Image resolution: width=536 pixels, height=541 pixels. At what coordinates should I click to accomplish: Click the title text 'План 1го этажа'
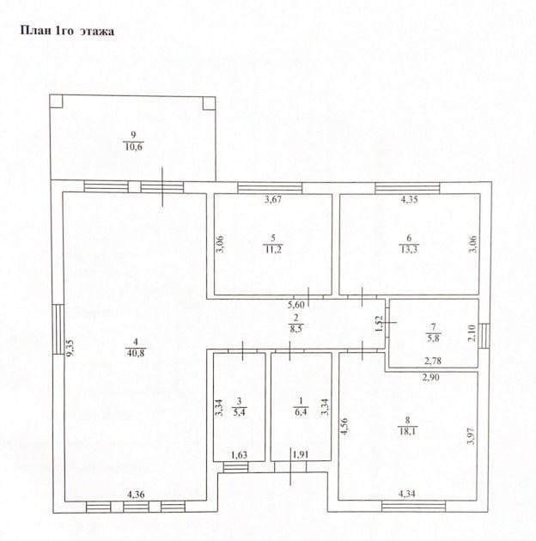point(66,32)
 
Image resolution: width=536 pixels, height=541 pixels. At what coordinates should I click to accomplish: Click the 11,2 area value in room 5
point(272,249)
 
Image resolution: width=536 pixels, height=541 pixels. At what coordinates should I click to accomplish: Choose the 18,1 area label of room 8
point(408,432)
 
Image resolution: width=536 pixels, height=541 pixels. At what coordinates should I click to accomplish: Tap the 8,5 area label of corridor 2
point(296,327)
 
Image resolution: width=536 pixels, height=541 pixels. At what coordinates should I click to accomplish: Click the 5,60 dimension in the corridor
point(296,305)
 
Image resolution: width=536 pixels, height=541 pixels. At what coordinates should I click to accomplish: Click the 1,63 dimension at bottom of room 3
point(240,454)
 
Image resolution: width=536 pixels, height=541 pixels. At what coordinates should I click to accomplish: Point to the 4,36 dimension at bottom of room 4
point(137,494)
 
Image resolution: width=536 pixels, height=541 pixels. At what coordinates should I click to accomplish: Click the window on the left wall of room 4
point(58,331)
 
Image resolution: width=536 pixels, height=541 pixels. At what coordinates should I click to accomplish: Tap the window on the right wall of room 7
point(483,333)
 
